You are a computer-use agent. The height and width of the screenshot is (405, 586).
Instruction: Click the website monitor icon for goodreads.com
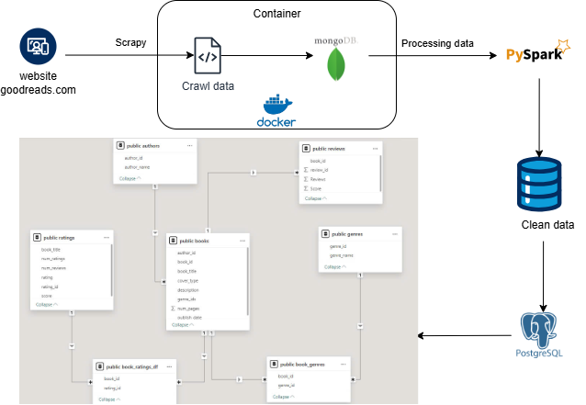(38, 45)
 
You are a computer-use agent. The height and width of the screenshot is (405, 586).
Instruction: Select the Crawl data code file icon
(207, 56)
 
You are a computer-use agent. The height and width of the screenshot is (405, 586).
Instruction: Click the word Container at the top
(278, 15)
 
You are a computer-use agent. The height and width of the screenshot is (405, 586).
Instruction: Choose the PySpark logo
(537, 55)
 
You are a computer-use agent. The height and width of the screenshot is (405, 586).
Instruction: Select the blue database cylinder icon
(537, 183)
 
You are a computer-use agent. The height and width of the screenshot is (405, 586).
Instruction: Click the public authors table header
(143, 145)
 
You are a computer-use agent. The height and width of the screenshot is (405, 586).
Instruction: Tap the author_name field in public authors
(138, 166)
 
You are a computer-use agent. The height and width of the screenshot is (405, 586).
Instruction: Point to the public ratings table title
(60, 238)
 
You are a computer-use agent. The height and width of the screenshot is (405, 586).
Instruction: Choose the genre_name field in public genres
(344, 255)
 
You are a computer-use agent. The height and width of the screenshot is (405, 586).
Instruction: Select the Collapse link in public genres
(333, 267)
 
